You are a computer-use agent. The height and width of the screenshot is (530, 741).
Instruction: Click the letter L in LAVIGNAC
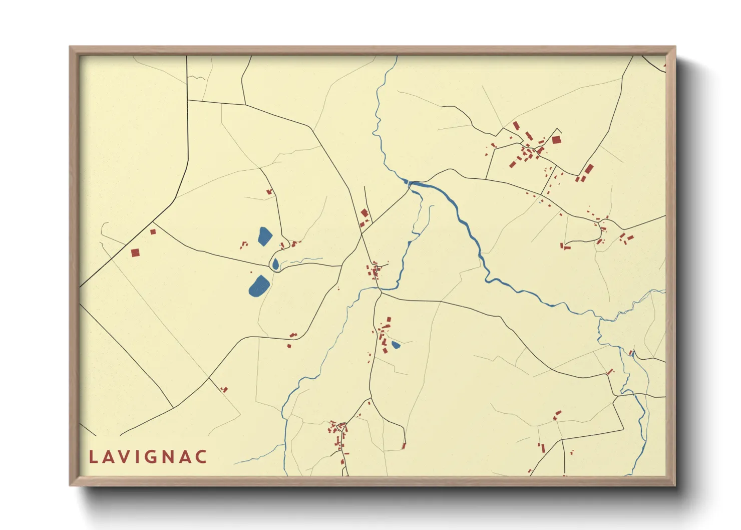click(x=93, y=457)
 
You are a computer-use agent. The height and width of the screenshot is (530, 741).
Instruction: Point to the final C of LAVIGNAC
click(x=201, y=457)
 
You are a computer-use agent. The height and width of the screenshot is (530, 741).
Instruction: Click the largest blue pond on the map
click(x=259, y=286)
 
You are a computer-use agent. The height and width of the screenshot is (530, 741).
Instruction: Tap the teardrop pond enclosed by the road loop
click(x=275, y=264)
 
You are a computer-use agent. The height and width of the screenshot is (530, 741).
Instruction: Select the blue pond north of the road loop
click(x=264, y=236)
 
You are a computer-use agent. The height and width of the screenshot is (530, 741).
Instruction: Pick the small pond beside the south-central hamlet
click(x=396, y=345)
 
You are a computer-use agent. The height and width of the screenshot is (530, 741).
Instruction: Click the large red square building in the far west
click(x=135, y=253)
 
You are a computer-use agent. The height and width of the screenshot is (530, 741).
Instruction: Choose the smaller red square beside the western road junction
click(x=153, y=231)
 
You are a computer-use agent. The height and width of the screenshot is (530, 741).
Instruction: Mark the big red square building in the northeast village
click(x=556, y=140)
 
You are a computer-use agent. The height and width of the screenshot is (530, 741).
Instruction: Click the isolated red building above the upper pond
click(x=269, y=191)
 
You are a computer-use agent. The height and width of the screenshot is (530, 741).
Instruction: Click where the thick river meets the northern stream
click(x=410, y=183)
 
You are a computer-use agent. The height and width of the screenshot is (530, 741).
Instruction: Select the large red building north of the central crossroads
click(x=364, y=213)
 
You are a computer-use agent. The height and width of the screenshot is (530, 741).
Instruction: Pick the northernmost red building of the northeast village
click(x=516, y=125)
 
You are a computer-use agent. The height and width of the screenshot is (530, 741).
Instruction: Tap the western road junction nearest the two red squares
click(x=153, y=222)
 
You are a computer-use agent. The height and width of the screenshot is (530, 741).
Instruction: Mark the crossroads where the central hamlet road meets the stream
click(x=379, y=289)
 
